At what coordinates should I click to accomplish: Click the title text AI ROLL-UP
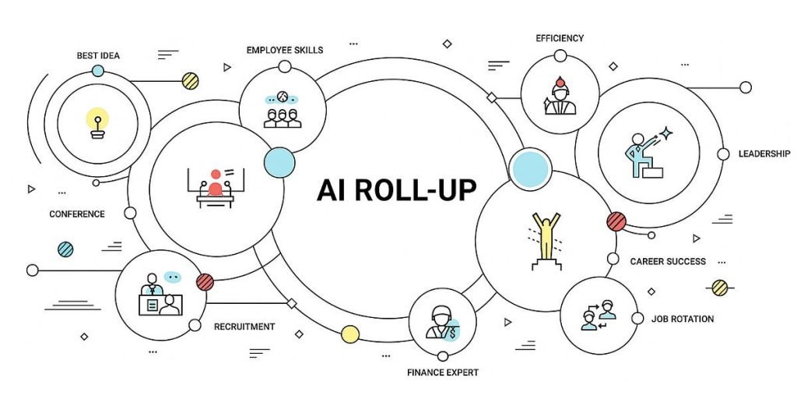(396, 189)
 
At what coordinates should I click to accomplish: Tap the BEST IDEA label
(98, 55)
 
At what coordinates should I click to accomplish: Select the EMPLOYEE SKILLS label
(285, 50)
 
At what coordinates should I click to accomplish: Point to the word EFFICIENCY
(560, 37)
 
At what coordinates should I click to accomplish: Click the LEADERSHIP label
(764, 154)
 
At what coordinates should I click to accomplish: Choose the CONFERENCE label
(77, 214)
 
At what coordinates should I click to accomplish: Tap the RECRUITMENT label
(244, 327)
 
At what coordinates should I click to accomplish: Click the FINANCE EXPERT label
(443, 373)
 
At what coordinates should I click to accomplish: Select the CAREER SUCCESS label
(668, 261)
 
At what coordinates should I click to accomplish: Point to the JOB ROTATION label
(683, 319)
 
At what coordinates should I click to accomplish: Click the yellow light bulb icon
(97, 123)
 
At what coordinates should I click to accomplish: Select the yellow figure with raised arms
(546, 238)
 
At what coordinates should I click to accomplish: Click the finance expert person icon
(441, 321)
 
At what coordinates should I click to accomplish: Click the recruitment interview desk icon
(159, 298)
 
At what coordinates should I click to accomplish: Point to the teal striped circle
(66, 249)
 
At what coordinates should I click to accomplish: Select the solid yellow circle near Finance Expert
(350, 334)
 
